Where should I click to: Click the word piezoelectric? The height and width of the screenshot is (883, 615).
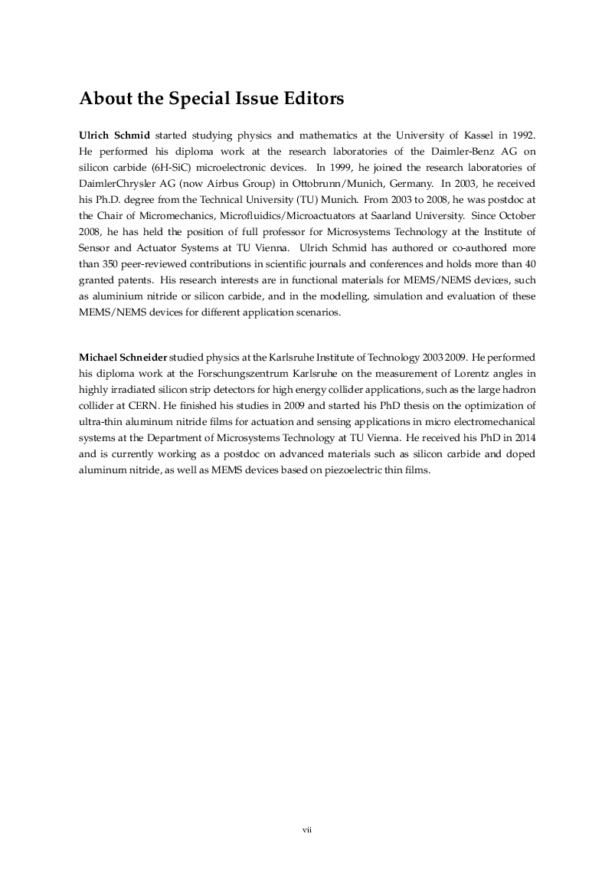tap(335, 470)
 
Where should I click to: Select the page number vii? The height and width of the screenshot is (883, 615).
tap(307, 829)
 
